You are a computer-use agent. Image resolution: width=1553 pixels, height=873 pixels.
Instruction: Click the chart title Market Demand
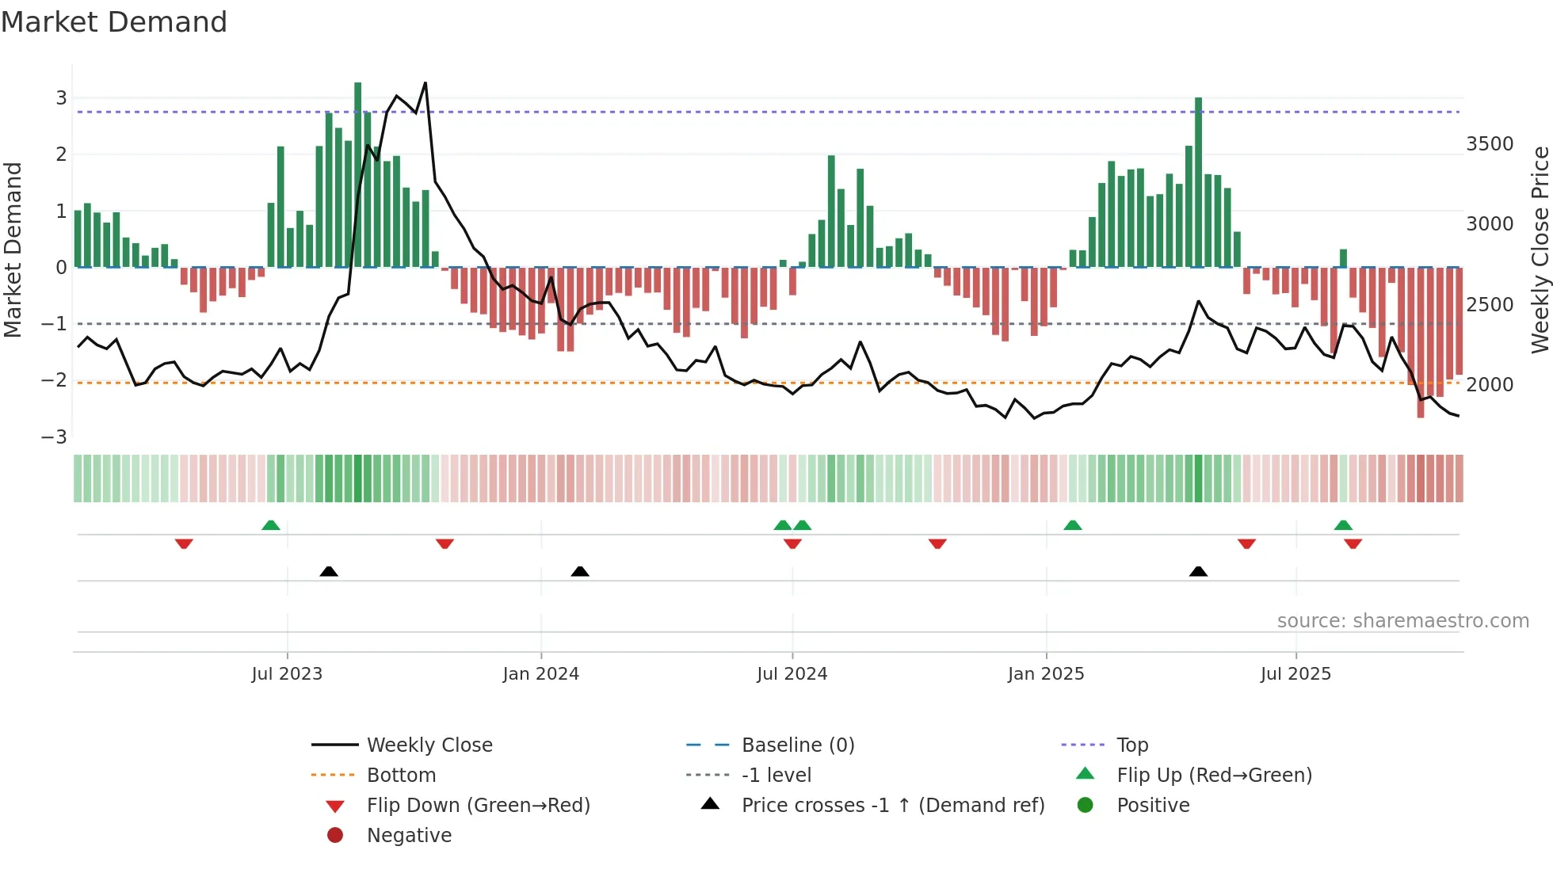[114, 22]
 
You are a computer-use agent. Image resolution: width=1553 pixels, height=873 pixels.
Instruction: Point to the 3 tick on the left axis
[61, 98]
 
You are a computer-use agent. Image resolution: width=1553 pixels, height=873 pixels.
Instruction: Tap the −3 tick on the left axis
[55, 437]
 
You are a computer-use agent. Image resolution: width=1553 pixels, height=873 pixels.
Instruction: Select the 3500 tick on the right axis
[1490, 144]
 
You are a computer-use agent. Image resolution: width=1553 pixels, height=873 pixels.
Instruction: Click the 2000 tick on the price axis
[1490, 385]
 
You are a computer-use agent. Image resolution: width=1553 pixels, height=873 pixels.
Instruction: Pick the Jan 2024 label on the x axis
[540, 674]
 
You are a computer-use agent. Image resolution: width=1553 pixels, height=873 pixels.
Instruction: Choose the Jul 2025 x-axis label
[1295, 674]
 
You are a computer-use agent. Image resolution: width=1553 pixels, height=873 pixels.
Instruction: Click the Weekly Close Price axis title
[1540, 250]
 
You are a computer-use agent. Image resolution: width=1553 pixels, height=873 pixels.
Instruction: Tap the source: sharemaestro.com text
[1402, 621]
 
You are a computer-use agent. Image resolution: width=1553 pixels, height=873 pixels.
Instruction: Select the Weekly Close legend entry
[429, 745]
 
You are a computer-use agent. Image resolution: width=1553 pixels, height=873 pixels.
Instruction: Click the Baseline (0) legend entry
[798, 745]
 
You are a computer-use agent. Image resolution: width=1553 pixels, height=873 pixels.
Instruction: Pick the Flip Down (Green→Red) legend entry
[478, 806]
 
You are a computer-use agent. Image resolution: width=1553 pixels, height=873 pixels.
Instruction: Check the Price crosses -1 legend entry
[893, 806]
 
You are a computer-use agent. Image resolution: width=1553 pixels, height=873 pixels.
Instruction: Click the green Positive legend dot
[1086, 806]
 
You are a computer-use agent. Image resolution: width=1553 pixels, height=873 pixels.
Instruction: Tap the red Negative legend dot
[335, 836]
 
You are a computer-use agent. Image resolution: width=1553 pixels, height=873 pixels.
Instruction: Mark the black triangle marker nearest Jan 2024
[580, 571]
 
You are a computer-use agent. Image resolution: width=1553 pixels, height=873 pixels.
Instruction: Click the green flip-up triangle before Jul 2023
[271, 525]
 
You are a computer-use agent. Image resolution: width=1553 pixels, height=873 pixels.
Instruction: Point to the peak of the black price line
[425, 82]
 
